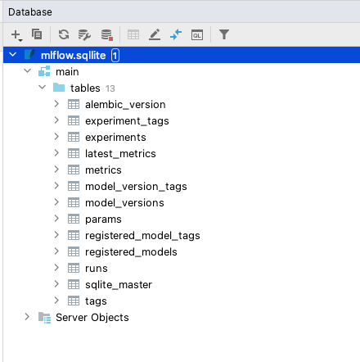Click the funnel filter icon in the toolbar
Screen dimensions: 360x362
[x=224, y=34]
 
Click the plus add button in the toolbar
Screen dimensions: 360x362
[x=16, y=35]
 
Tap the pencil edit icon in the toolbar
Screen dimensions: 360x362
[x=155, y=34]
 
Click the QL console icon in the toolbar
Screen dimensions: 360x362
[x=197, y=35]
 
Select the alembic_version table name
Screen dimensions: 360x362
[x=125, y=105]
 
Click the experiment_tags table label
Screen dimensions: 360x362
[x=127, y=121]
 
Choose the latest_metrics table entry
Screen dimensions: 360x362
[x=120, y=154]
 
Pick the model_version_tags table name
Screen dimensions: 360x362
[x=136, y=187]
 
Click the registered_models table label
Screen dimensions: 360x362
[x=131, y=252]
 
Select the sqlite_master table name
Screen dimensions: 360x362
[x=119, y=285]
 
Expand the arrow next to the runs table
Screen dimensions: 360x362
[x=56, y=268]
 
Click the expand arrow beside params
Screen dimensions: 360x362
[x=56, y=219]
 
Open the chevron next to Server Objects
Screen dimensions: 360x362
[x=27, y=317]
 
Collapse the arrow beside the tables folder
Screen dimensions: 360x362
[x=43, y=88]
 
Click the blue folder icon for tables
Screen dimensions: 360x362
[x=59, y=88]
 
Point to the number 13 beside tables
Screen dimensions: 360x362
[x=110, y=88]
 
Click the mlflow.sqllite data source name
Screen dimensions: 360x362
[x=73, y=56]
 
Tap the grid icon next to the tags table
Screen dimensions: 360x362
[x=74, y=301]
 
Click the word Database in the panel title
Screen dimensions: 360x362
[x=30, y=12]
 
